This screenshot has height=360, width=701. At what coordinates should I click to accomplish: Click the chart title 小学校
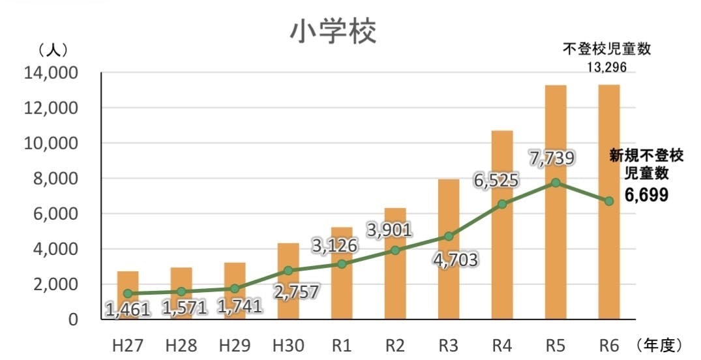point(333,31)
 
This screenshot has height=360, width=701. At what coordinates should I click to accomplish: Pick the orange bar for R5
point(556,202)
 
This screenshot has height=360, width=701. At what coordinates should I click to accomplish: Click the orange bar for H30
point(288,281)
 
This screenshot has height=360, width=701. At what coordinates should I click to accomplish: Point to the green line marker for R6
point(609,202)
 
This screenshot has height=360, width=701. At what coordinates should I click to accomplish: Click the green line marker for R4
point(502,204)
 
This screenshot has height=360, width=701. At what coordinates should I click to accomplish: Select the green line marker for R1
point(342,264)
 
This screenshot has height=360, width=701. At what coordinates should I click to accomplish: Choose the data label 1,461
point(128,308)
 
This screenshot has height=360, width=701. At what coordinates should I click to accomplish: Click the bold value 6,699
point(646,195)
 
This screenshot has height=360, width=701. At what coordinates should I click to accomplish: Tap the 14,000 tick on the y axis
point(52,72)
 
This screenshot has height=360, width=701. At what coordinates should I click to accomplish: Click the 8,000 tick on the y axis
point(55,179)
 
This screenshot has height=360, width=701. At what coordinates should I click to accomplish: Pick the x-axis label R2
point(395,344)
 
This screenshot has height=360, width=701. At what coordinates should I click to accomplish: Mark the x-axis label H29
point(235,344)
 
